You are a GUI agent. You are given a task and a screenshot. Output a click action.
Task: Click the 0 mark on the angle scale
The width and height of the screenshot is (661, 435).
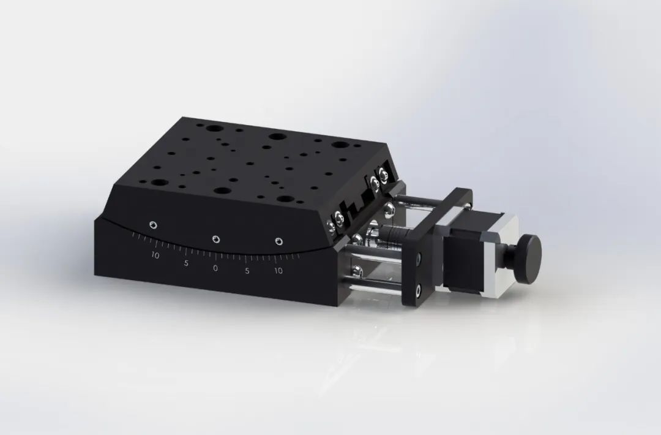click(x=215, y=268)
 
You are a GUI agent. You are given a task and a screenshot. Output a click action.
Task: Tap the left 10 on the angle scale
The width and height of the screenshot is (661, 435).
click(x=155, y=255)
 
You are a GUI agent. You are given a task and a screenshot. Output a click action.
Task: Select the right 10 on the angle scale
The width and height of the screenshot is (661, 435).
click(x=278, y=270)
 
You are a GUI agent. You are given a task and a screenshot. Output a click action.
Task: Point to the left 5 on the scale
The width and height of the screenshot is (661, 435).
click(x=185, y=264)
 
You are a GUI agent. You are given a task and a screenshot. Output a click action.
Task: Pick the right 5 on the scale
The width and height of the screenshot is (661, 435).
click(x=247, y=271)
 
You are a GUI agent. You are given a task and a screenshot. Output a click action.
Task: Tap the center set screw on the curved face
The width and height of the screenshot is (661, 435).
click(x=215, y=239)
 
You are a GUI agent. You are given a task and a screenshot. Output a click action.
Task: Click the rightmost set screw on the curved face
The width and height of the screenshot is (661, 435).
click(x=279, y=241)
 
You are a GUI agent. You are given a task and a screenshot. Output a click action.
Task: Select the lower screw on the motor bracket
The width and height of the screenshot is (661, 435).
click(x=418, y=287)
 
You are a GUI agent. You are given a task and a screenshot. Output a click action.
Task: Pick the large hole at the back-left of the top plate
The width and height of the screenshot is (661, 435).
click(x=215, y=129)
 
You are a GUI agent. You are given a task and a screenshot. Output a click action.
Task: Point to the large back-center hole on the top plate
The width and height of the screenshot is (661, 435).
click(x=277, y=137)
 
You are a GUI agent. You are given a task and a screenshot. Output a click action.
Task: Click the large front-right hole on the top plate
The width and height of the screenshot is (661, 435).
click(x=285, y=199)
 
